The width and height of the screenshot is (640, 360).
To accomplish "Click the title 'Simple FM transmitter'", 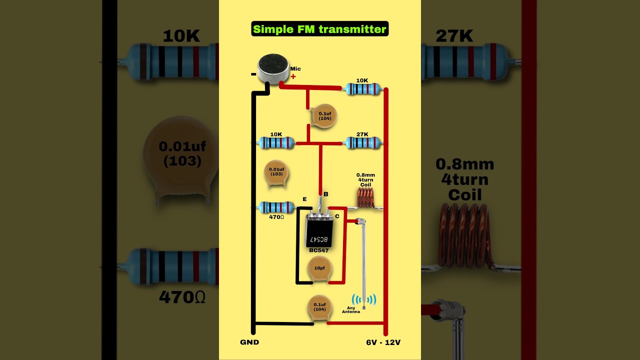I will coord(319,29).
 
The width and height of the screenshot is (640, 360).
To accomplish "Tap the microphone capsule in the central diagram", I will coord(273,68).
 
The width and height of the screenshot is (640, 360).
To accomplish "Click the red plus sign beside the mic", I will coord(293,76).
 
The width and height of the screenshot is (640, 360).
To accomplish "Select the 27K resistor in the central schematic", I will coord(362,143).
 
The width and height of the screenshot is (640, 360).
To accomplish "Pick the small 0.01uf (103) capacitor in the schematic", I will coord(276,172).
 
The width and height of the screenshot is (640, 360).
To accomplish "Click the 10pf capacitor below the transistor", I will coord(319,268).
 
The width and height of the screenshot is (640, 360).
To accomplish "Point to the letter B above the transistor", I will coord(325,194).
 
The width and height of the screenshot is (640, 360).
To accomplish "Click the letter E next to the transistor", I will coord(304,199).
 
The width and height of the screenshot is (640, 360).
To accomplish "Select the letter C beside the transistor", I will coord(337,216).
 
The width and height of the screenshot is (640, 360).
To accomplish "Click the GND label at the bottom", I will coord(249,342).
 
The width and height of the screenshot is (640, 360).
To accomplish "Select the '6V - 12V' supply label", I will coord(383,342).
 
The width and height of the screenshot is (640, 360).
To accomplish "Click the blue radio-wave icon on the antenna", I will coord(364,299).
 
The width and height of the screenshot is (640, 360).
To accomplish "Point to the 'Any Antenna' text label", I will coord(350,309).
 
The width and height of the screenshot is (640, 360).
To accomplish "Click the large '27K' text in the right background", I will coord(454,36).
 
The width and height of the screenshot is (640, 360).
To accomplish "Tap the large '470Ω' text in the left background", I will coord(182,297).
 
